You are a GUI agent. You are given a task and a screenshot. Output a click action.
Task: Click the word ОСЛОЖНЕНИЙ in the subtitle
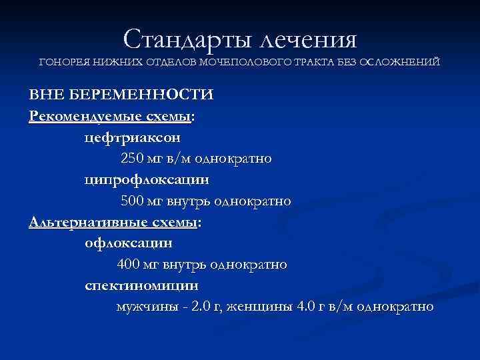pyautogui.click(x=399, y=62)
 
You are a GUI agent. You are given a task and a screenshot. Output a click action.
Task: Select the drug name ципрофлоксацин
pyautogui.click(x=146, y=180)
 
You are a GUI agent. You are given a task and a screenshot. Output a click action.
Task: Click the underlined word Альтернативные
pyautogui.click(x=75, y=222)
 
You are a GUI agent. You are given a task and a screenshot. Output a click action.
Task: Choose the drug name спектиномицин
pyautogui.click(x=142, y=286)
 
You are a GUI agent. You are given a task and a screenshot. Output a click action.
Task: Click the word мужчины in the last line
pyautogui.click(x=145, y=307)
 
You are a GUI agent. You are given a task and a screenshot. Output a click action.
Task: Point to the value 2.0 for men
pyautogui.click(x=200, y=307)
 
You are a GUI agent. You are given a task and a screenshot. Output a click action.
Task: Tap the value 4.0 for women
pyautogui.click(x=303, y=307)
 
